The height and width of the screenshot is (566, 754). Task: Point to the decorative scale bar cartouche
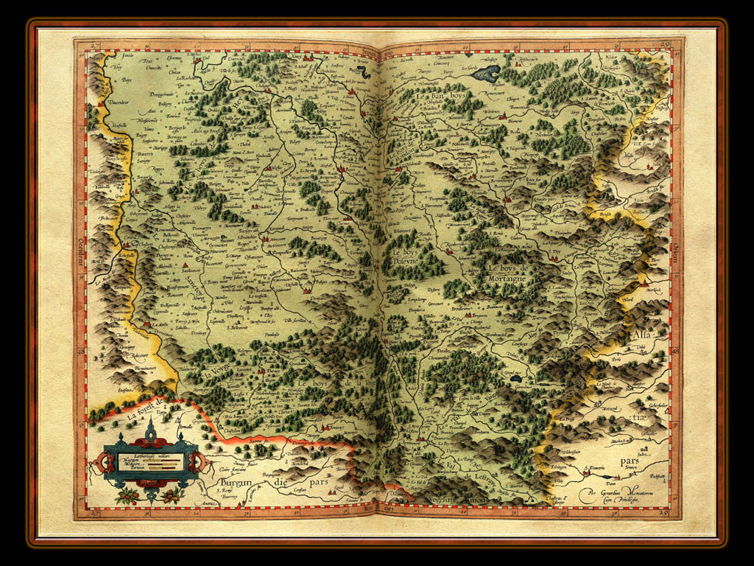[150, 462]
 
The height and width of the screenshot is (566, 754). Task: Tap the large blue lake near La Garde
[486, 73]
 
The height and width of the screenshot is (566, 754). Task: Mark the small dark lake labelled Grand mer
[516, 378]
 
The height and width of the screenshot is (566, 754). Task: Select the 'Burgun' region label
[236, 483]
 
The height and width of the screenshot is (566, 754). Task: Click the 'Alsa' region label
[641, 336]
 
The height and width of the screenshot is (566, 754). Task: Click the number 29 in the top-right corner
[664, 46]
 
